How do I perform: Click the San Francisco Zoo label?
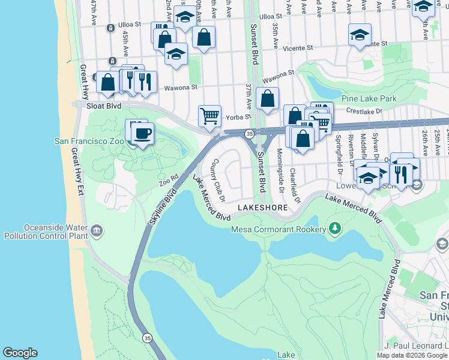pos(90,141)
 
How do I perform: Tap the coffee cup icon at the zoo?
pos(142,133)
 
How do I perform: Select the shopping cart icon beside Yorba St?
pos(209,115)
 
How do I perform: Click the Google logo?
pos(20,353)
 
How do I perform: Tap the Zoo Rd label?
pos(169,178)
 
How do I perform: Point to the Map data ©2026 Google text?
pos(412,355)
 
